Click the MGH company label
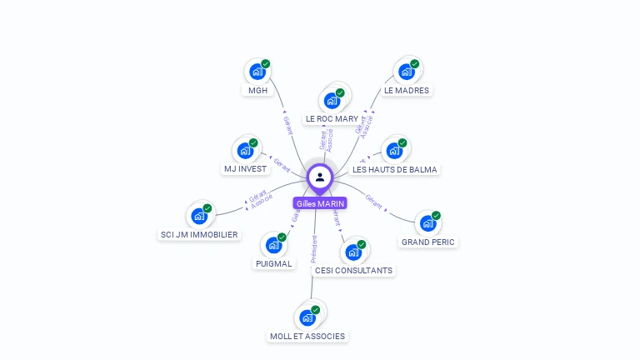click(x=258, y=90)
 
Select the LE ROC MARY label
click(x=332, y=119)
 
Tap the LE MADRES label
click(x=407, y=90)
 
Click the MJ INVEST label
click(x=245, y=168)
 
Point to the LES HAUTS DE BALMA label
click(x=394, y=169)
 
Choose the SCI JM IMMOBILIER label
click(x=199, y=235)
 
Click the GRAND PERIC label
click(x=429, y=242)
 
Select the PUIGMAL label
click(x=273, y=263)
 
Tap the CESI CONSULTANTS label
click(x=353, y=270)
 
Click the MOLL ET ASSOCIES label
click(x=307, y=336)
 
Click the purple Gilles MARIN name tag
click(x=320, y=203)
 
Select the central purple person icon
click(x=320, y=177)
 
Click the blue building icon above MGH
click(x=257, y=72)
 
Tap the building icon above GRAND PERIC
click(x=427, y=223)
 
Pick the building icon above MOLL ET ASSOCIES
click(x=307, y=317)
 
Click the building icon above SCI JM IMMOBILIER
click(x=198, y=217)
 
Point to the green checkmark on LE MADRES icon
click(x=414, y=64)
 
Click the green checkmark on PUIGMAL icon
click(x=282, y=237)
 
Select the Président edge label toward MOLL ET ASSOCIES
click(x=313, y=249)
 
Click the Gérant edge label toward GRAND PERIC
click(x=373, y=201)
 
